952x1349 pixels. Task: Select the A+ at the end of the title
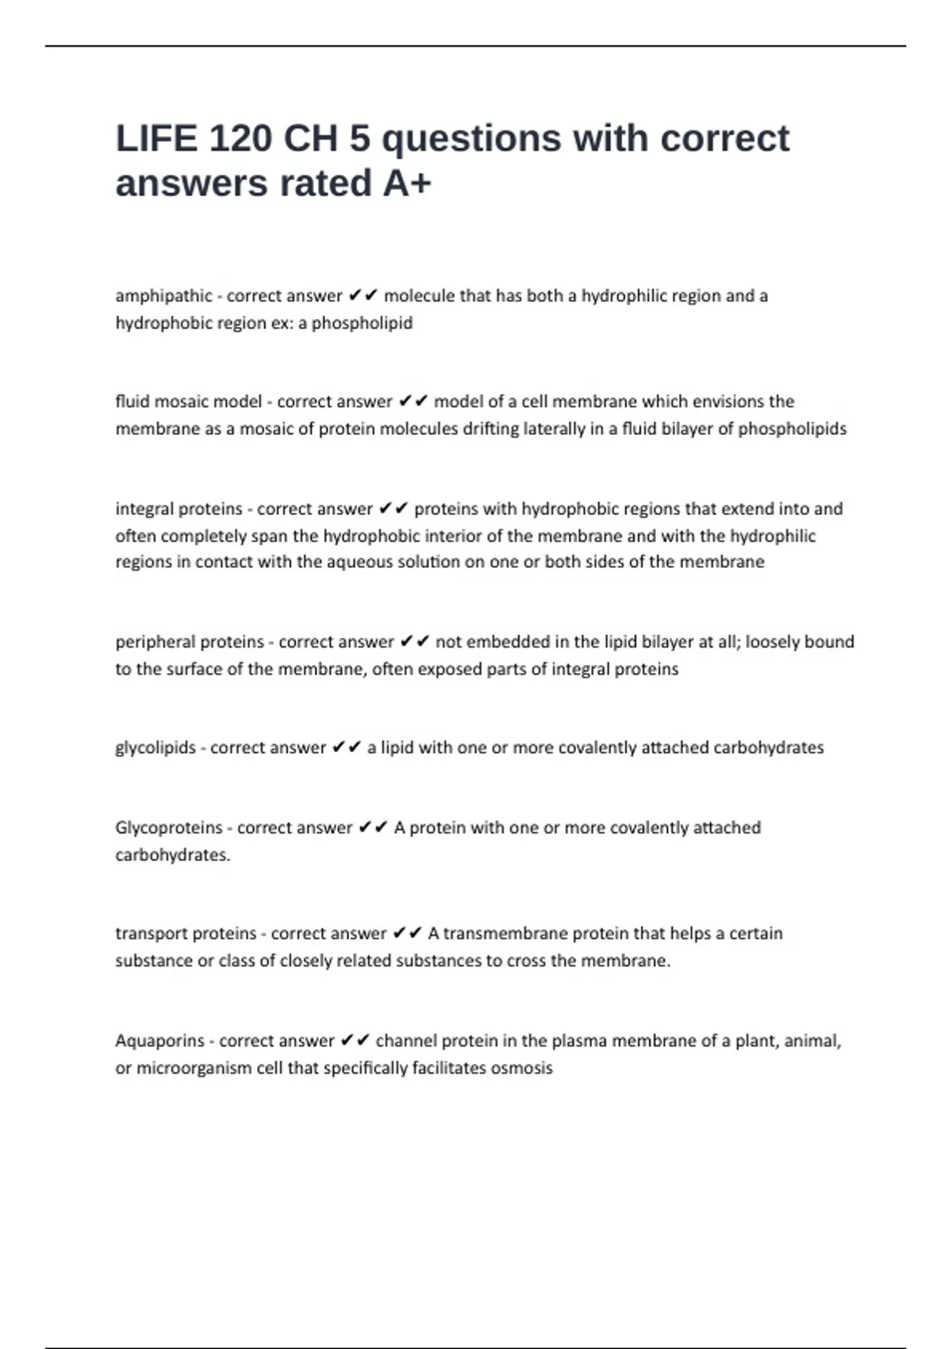coord(407,183)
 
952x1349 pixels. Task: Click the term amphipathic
coord(163,296)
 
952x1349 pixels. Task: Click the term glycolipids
coord(155,748)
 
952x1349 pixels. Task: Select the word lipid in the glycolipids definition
coord(397,748)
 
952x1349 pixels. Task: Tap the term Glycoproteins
coord(169,828)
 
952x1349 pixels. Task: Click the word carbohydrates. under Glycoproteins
coord(172,855)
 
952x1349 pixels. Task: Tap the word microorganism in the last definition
coord(194,1068)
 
